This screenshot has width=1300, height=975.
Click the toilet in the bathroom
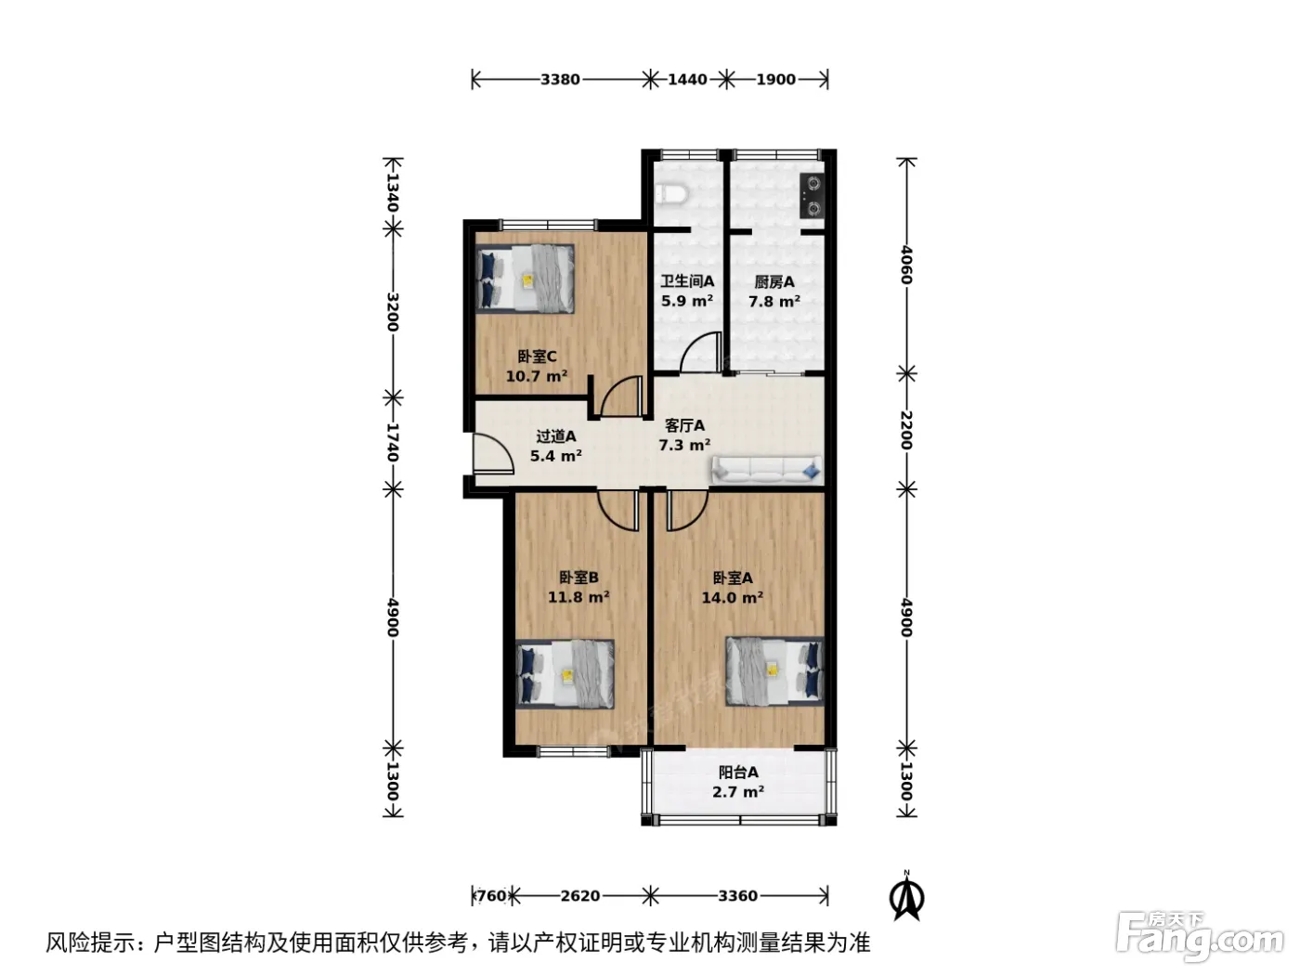point(671,193)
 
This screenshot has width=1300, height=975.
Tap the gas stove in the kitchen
point(811,195)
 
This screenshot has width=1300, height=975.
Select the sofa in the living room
point(766,468)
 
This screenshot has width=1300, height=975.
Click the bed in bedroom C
point(526,279)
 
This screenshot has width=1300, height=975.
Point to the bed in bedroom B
point(565,673)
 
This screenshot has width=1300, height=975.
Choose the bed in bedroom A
point(774,670)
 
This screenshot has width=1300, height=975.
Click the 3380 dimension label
point(560,79)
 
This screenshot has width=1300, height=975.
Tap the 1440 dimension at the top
point(687,79)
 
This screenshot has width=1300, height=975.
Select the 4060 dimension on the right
point(906,266)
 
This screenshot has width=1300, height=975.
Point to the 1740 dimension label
point(393,442)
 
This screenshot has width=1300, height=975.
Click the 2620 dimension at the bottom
point(580,896)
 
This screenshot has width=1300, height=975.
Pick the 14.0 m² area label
point(733,598)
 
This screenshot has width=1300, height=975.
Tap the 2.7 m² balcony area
point(738,791)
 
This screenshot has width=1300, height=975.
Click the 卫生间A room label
point(687,281)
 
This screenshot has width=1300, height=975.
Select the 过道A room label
point(555,436)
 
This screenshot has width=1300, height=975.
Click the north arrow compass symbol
point(906,897)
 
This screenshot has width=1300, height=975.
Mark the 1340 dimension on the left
point(393,192)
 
